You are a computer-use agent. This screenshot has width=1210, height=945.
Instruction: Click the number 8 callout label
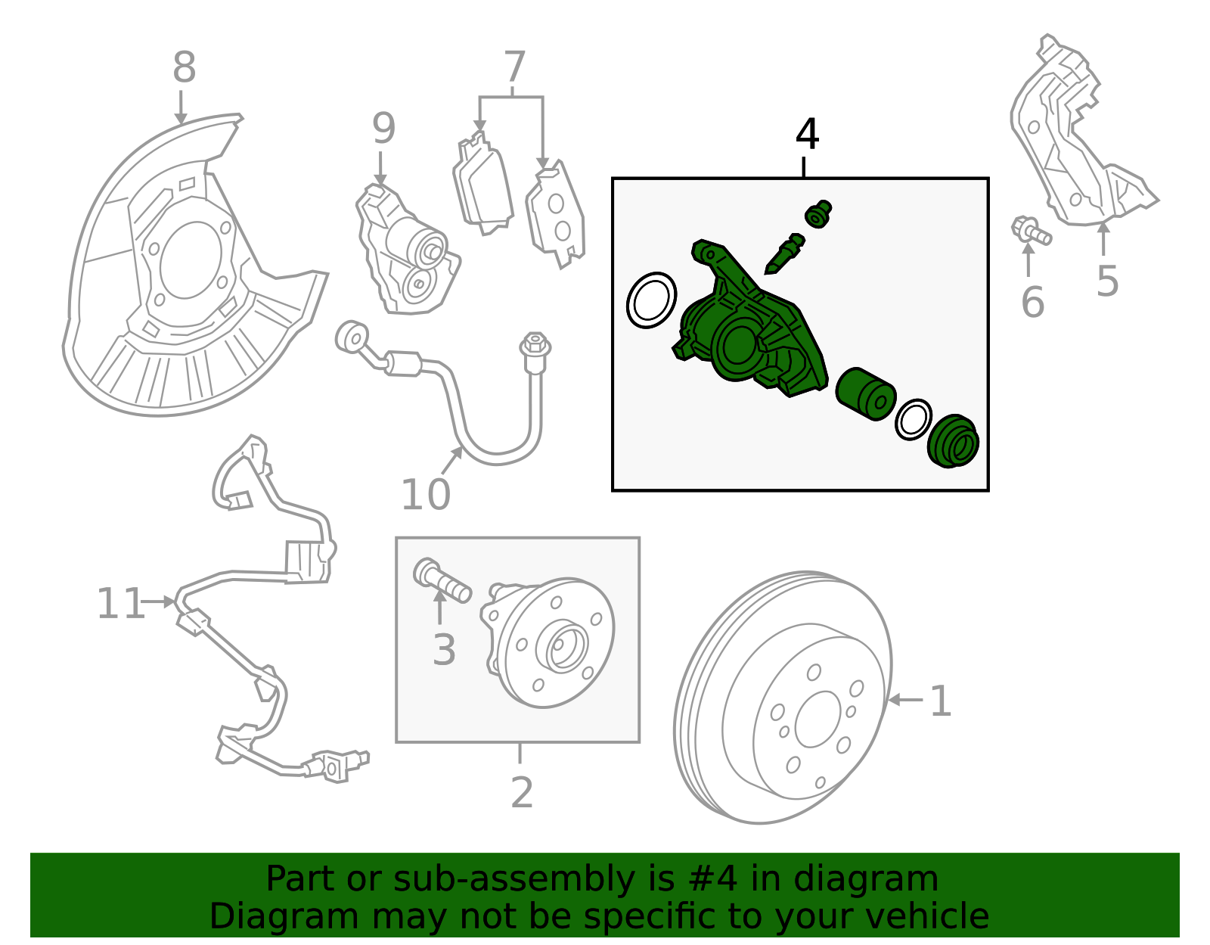(184, 68)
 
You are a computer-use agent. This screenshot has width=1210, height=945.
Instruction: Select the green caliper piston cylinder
(866, 393)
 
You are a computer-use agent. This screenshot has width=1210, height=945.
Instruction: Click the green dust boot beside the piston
(953, 442)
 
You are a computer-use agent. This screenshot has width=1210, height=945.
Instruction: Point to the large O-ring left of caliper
(651, 300)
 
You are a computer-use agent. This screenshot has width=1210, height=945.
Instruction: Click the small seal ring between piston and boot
(913, 418)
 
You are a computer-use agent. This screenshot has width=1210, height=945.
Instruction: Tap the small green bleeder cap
(818, 214)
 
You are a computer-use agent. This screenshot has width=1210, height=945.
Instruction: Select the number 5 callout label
(1106, 281)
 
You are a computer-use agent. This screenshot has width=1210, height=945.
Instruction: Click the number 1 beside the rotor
(939, 701)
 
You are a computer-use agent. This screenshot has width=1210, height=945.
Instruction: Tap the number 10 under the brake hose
(425, 496)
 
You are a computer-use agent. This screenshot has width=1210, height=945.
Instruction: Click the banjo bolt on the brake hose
(535, 352)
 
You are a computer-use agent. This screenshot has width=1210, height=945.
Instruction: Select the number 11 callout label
(120, 605)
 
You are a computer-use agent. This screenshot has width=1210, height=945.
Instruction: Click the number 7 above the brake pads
(513, 68)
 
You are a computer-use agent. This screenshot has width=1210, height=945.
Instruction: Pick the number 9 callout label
(383, 129)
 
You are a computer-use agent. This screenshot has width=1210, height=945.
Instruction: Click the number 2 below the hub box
(522, 793)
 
